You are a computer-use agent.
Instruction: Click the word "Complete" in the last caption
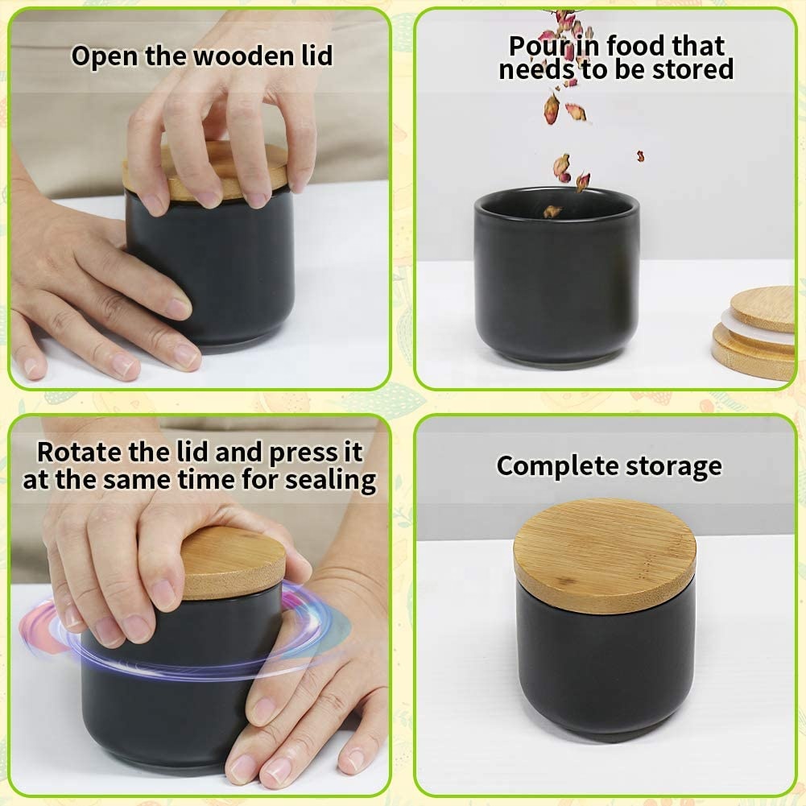[557, 467]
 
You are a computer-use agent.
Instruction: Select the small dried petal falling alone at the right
[640, 155]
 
